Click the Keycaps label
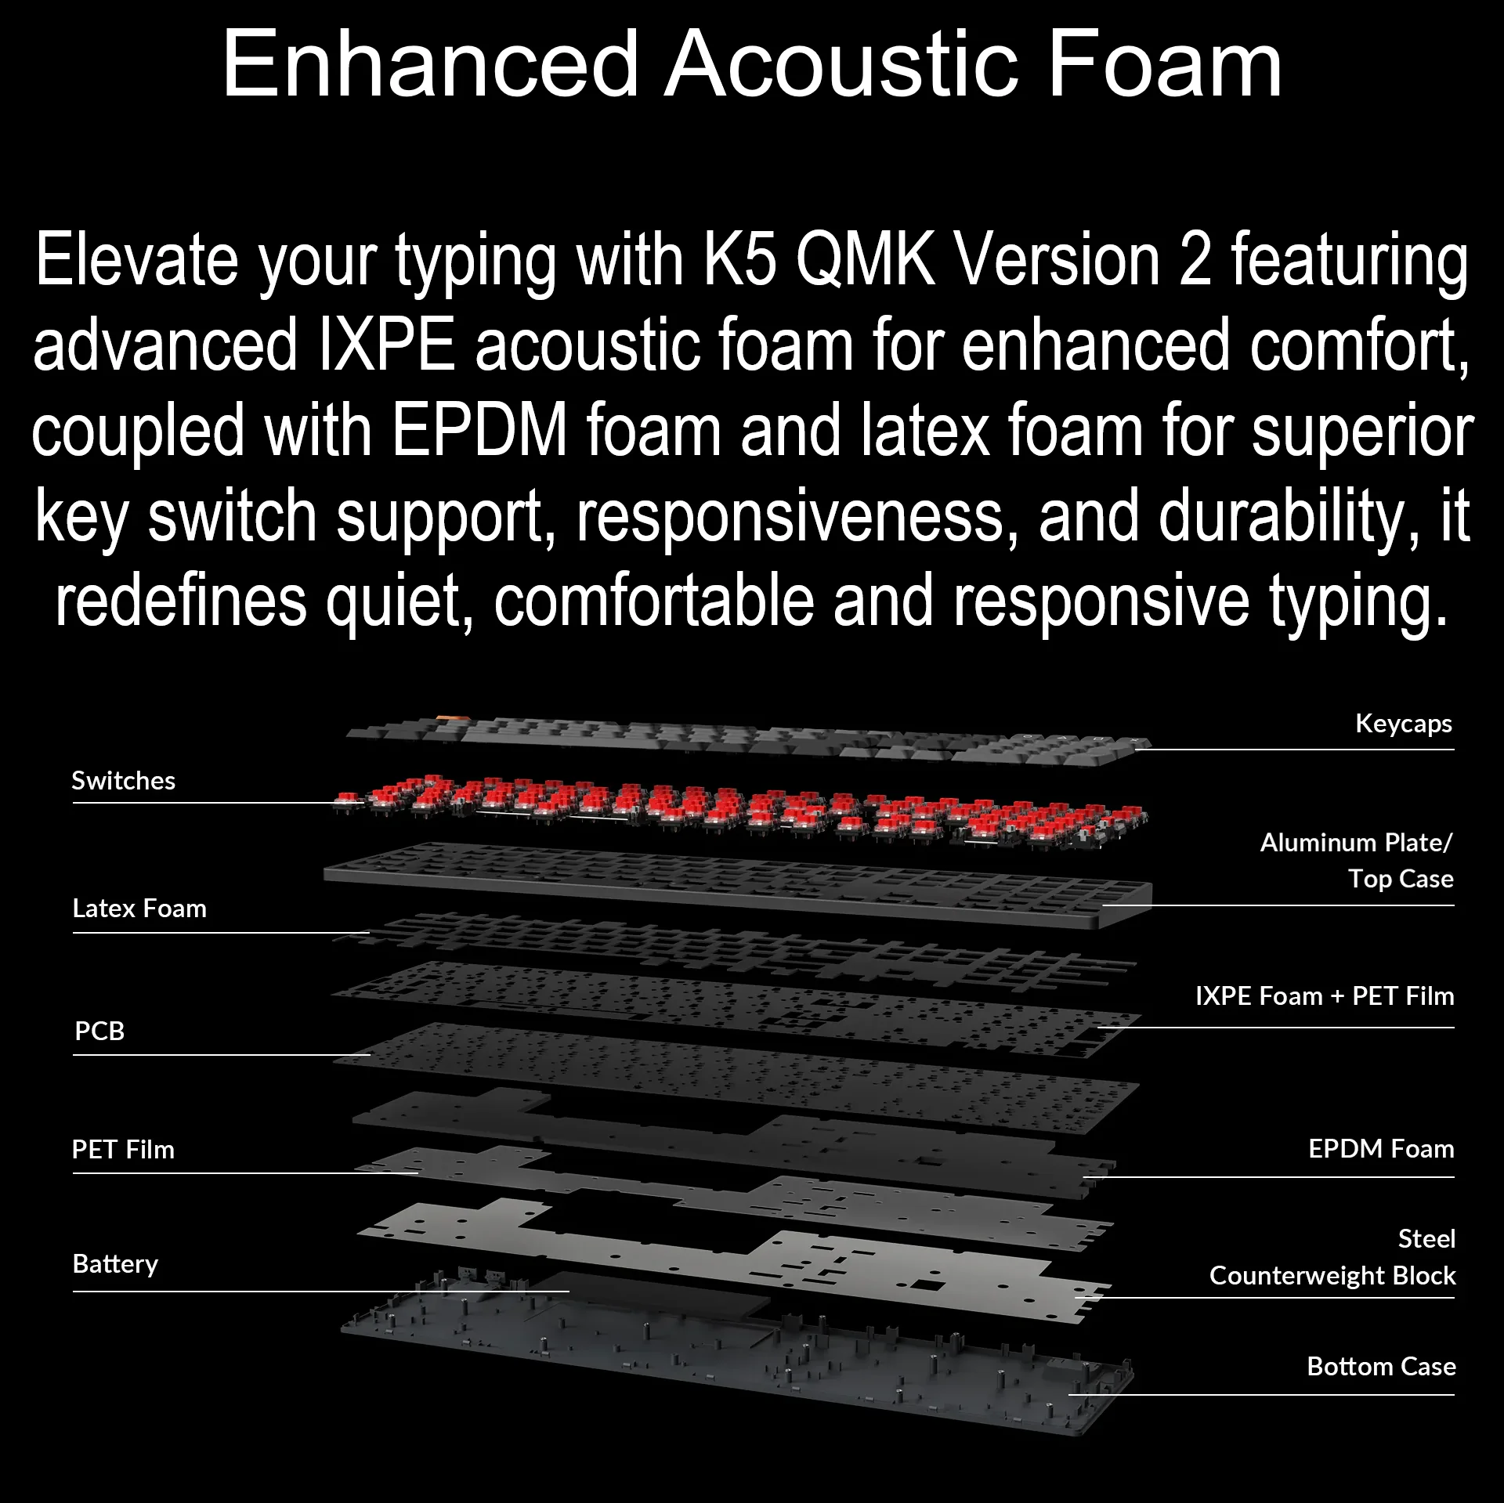[1404, 724]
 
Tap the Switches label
[124, 781]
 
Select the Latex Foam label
[139, 909]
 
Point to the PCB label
[99, 1031]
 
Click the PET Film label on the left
[123, 1150]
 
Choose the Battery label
[115, 1264]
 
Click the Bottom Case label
[1381, 1367]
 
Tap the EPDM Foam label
[1381, 1149]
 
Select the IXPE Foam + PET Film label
[1325, 996]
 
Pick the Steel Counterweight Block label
[1332, 1257]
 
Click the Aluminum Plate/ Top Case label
[1357, 861]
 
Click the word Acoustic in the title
[842, 64]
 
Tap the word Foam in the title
[1165, 64]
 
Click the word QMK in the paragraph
[866, 262]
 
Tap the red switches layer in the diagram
[740, 813]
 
